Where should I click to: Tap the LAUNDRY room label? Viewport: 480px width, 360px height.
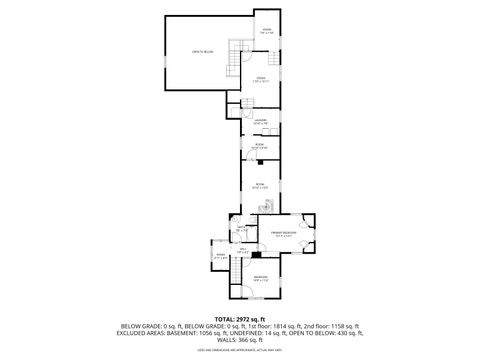click(x=259, y=120)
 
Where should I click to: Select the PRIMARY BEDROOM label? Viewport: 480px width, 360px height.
click(x=283, y=233)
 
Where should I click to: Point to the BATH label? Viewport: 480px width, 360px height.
click(x=241, y=230)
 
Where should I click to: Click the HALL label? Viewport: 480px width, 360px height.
click(x=243, y=251)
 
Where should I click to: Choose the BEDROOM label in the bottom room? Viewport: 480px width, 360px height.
click(x=260, y=277)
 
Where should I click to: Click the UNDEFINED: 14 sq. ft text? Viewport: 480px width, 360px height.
click(x=261, y=333)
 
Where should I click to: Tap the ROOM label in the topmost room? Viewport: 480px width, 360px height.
click(x=267, y=32)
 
